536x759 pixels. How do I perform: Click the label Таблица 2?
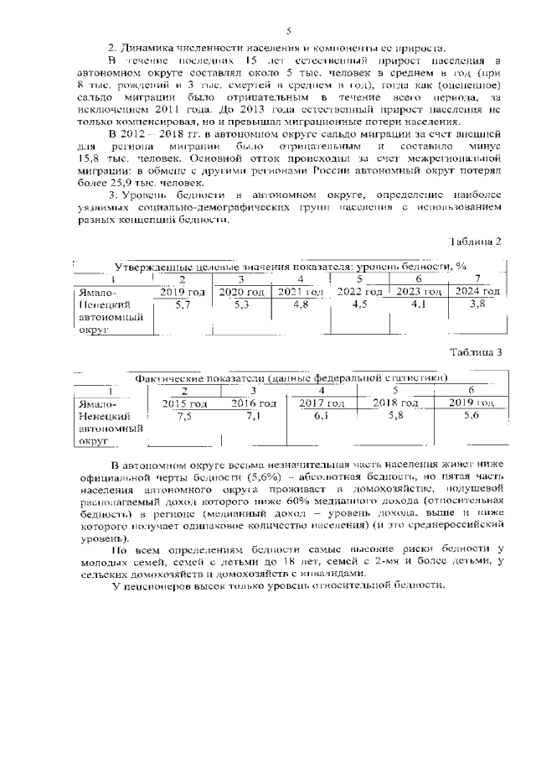pyautogui.click(x=475, y=242)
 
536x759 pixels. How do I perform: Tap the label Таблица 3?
pyautogui.click(x=475, y=351)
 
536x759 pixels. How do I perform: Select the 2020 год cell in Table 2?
pyautogui.click(x=241, y=292)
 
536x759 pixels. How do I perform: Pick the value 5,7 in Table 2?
pyautogui.click(x=183, y=305)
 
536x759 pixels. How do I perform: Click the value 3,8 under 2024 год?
pyautogui.click(x=477, y=305)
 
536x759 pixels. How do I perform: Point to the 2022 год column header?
pyautogui.click(x=359, y=292)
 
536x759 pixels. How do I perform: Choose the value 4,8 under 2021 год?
pyautogui.click(x=300, y=305)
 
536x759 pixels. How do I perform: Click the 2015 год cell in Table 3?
pyautogui.click(x=184, y=403)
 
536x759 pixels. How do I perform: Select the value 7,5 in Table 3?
pyautogui.click(x=184, y=416)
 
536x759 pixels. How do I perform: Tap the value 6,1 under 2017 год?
pyautogui.click(x=322, y=416)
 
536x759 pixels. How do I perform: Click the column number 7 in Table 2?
pyautogui.click(x=477, y=278)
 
